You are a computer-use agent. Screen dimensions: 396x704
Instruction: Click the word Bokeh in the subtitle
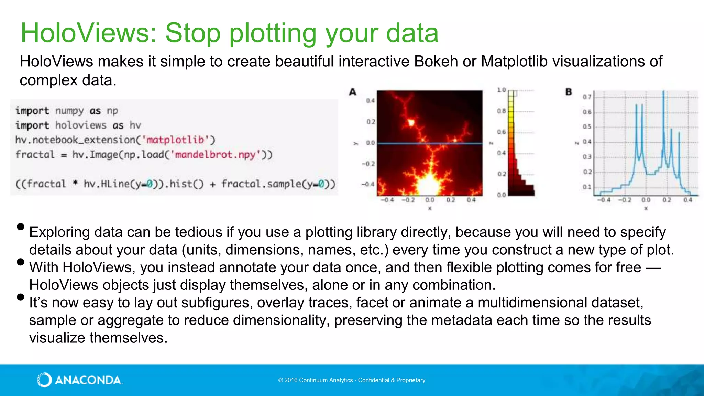pos(436,62)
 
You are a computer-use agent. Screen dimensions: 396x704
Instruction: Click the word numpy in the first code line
pos(69,111)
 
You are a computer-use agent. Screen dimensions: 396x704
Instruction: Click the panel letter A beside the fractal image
pos(353,92)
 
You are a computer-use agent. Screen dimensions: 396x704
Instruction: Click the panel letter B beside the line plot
pos(569,92)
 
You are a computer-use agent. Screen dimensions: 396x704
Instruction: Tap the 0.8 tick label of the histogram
pos(501,111)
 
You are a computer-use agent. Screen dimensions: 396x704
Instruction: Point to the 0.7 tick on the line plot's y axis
pos(587,97)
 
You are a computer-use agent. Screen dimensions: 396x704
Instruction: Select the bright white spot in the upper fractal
pos(411,122)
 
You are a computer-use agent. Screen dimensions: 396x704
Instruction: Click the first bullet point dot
pos(21,227)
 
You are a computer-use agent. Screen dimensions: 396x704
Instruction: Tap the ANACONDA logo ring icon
pos(44,380)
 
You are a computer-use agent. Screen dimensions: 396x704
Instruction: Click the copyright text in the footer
pos(352,380)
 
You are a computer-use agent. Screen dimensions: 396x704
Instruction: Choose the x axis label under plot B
pos(646,208)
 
